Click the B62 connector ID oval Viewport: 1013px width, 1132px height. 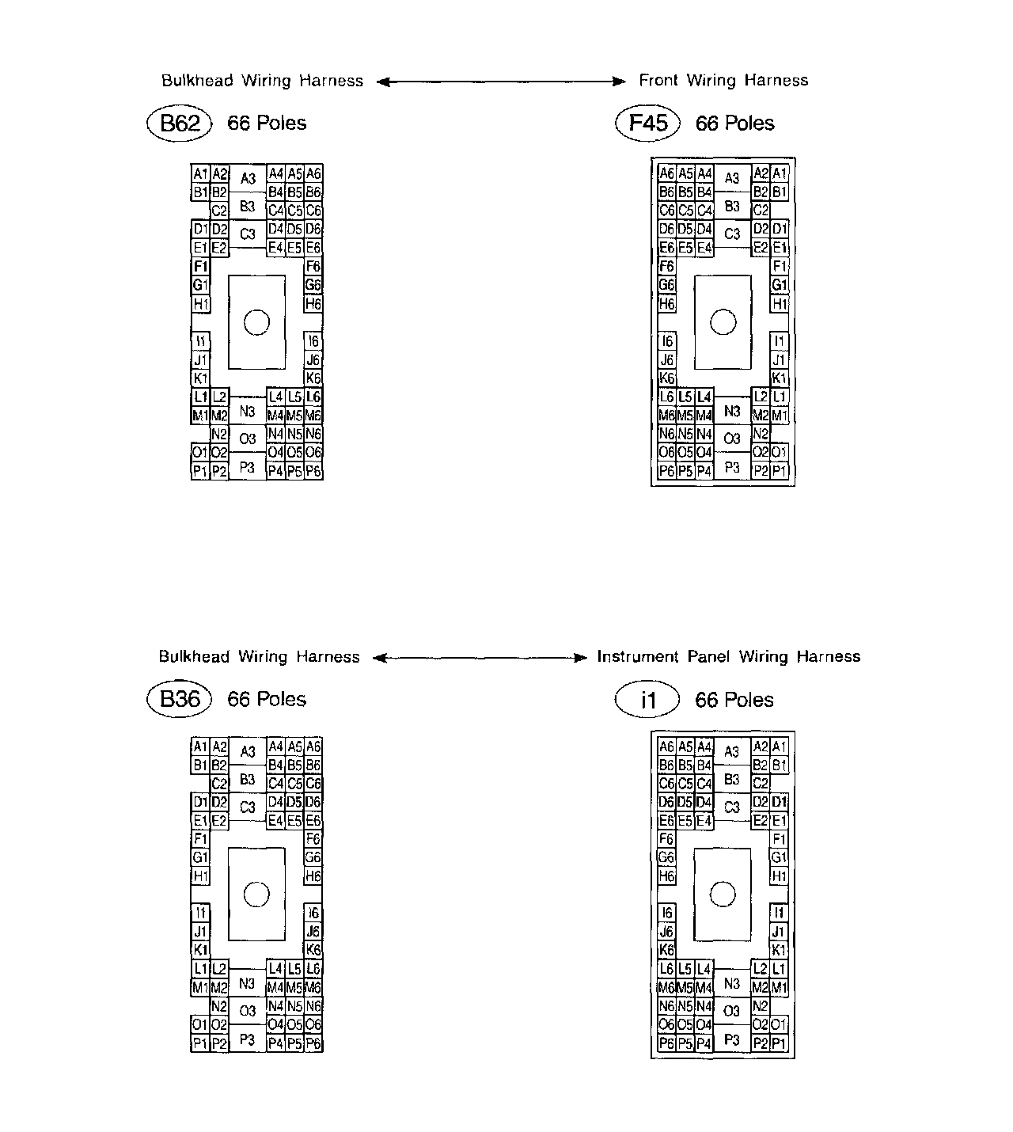(180, 123)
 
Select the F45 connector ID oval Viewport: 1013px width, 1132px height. (647, 123)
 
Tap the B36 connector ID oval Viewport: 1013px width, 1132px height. (180, 699)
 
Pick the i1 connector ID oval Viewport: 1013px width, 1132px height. (647, 700)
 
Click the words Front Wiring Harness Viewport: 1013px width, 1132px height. (723, 80)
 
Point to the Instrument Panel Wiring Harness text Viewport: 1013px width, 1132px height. (728, 656)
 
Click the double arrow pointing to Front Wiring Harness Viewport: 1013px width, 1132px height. (501, 81)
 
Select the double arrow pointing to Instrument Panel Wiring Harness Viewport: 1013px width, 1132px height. (480, 657)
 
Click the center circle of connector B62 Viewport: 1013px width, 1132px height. (256, 322)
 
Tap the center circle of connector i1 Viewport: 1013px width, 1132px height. (723, 895)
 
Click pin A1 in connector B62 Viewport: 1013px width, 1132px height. (200, 174)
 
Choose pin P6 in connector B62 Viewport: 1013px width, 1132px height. (313, 471)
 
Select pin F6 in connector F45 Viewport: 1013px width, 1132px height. (667, 266)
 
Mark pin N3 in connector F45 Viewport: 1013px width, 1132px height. (732, 412)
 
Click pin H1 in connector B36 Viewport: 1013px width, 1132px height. (200, 876)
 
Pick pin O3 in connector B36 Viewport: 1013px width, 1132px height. (248, 1011)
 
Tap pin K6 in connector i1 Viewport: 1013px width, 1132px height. (667, 950)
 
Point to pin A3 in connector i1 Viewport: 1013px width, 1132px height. (732, 751)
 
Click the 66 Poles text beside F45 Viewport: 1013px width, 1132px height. (734, 123)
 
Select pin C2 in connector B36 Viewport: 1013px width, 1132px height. (219, 784)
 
